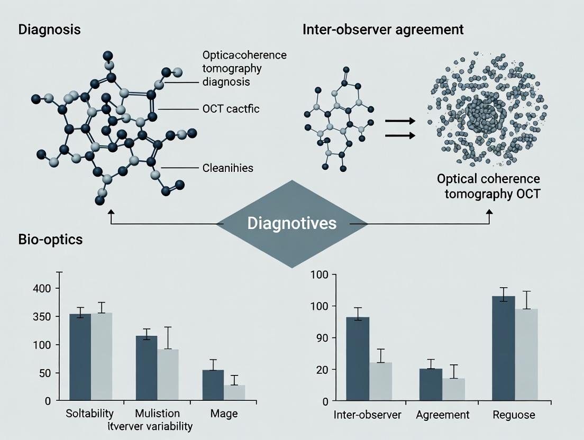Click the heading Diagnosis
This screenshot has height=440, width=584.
tap(49, 29)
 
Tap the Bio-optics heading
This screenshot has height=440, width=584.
tap(50, 239)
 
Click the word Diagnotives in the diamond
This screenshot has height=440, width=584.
tap(291, 223)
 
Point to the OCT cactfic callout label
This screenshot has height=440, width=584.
tap(231, 109)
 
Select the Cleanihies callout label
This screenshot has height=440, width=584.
tap(227, 168)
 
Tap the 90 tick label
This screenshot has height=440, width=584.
tap(322, 338)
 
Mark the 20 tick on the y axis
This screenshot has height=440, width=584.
tap(322, 369)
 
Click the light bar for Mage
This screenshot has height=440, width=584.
tap(234, 392)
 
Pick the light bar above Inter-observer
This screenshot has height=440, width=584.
tap(380, 381)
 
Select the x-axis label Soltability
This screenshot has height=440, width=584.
tap(90, 414)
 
